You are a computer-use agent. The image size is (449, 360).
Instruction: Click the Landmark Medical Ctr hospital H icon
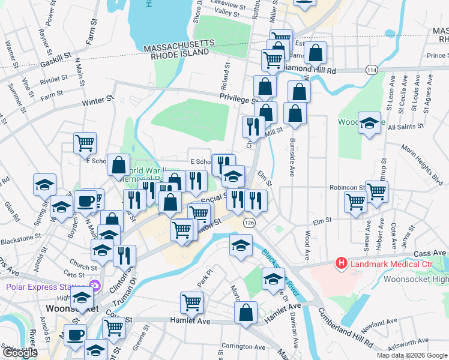pos(342,263)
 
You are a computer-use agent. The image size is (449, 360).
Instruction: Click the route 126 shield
pos(248,223)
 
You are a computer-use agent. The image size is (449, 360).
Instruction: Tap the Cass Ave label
pos(427,254)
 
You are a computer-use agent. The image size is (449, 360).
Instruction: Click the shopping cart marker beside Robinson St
pos(377,191)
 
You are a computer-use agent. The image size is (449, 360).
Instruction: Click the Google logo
pos(20,353)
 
